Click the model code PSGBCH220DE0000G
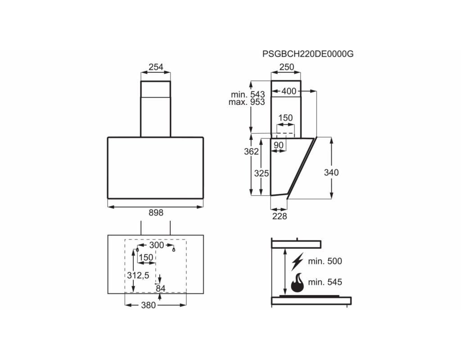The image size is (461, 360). pos(308,54)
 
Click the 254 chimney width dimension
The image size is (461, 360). pos(156,67)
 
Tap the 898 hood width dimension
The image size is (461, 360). pos(156,212)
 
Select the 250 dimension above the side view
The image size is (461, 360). pos(287,67)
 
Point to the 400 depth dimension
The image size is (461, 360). pos(289,91)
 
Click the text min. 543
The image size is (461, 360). pos(248,94)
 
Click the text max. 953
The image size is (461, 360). pos(247,102)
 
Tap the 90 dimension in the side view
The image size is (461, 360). pos(278,145)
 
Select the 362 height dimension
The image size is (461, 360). pos(251,151)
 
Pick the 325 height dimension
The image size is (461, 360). pos(262,173)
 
